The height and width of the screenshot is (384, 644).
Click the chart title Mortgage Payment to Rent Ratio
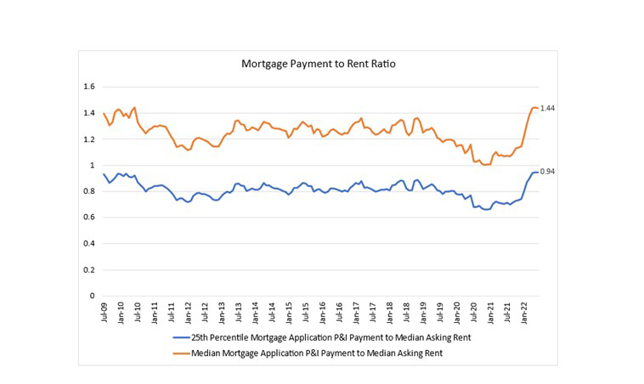(318, 63)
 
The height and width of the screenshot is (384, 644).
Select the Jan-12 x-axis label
(188, 312)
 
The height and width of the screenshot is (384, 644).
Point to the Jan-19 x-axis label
(422, 312)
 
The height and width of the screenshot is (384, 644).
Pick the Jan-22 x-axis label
(523, 312)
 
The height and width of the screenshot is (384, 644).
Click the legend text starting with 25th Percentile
(331, 339)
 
